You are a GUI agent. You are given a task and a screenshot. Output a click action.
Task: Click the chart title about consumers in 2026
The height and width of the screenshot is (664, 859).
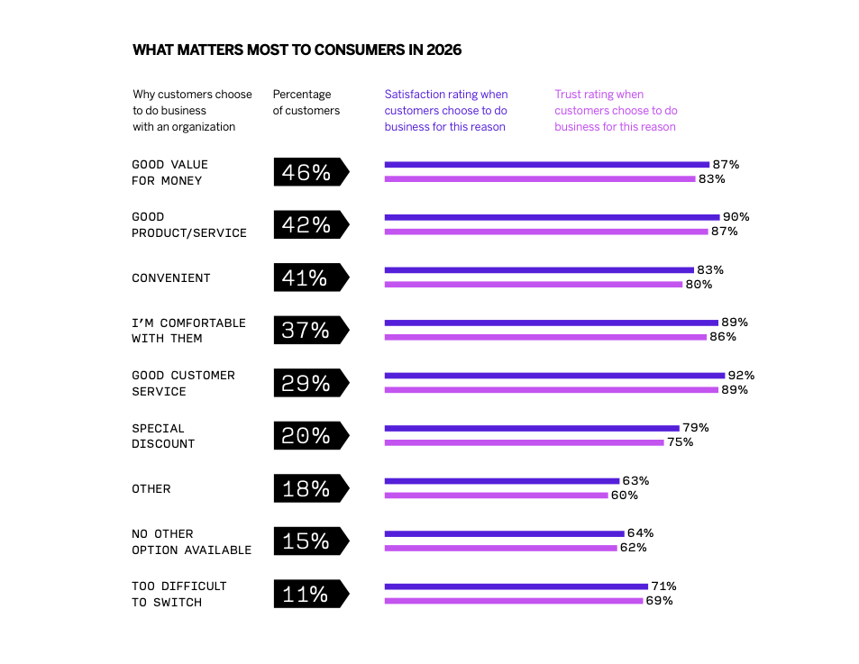point(297,50)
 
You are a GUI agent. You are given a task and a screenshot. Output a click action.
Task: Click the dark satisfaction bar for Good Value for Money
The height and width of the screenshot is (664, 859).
point(546,165)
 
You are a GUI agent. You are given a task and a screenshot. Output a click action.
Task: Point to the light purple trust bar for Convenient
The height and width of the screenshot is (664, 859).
point(533,285)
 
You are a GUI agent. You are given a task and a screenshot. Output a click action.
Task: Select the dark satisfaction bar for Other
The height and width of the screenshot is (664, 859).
point(501,481)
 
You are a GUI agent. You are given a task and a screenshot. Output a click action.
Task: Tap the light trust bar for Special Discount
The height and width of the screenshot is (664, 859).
point(524,442)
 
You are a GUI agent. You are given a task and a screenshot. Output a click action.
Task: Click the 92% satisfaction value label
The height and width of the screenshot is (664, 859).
point(741,376)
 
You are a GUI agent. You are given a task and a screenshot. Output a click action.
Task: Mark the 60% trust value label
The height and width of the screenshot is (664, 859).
point(624,496)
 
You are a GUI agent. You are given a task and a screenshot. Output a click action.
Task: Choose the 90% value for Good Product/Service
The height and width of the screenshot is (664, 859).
point(736,217)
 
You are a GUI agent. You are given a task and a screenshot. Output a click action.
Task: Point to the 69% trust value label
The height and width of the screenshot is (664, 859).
point(659,601)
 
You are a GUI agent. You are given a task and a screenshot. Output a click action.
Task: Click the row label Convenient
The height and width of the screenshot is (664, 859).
point(171,278)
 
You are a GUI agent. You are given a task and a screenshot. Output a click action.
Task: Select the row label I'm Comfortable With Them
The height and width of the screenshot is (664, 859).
point(188,331)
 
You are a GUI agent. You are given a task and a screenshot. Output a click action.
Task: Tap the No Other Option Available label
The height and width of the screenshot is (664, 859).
point(191,541)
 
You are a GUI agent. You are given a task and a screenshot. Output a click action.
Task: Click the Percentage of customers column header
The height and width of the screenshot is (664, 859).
point(306,103)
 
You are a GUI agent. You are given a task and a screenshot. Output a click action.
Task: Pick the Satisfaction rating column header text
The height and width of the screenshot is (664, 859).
point(446,111)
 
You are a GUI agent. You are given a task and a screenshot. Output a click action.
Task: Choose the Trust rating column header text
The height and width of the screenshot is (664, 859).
point(616,111)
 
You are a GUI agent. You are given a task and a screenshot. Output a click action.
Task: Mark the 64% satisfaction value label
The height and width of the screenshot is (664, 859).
point(640,533)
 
